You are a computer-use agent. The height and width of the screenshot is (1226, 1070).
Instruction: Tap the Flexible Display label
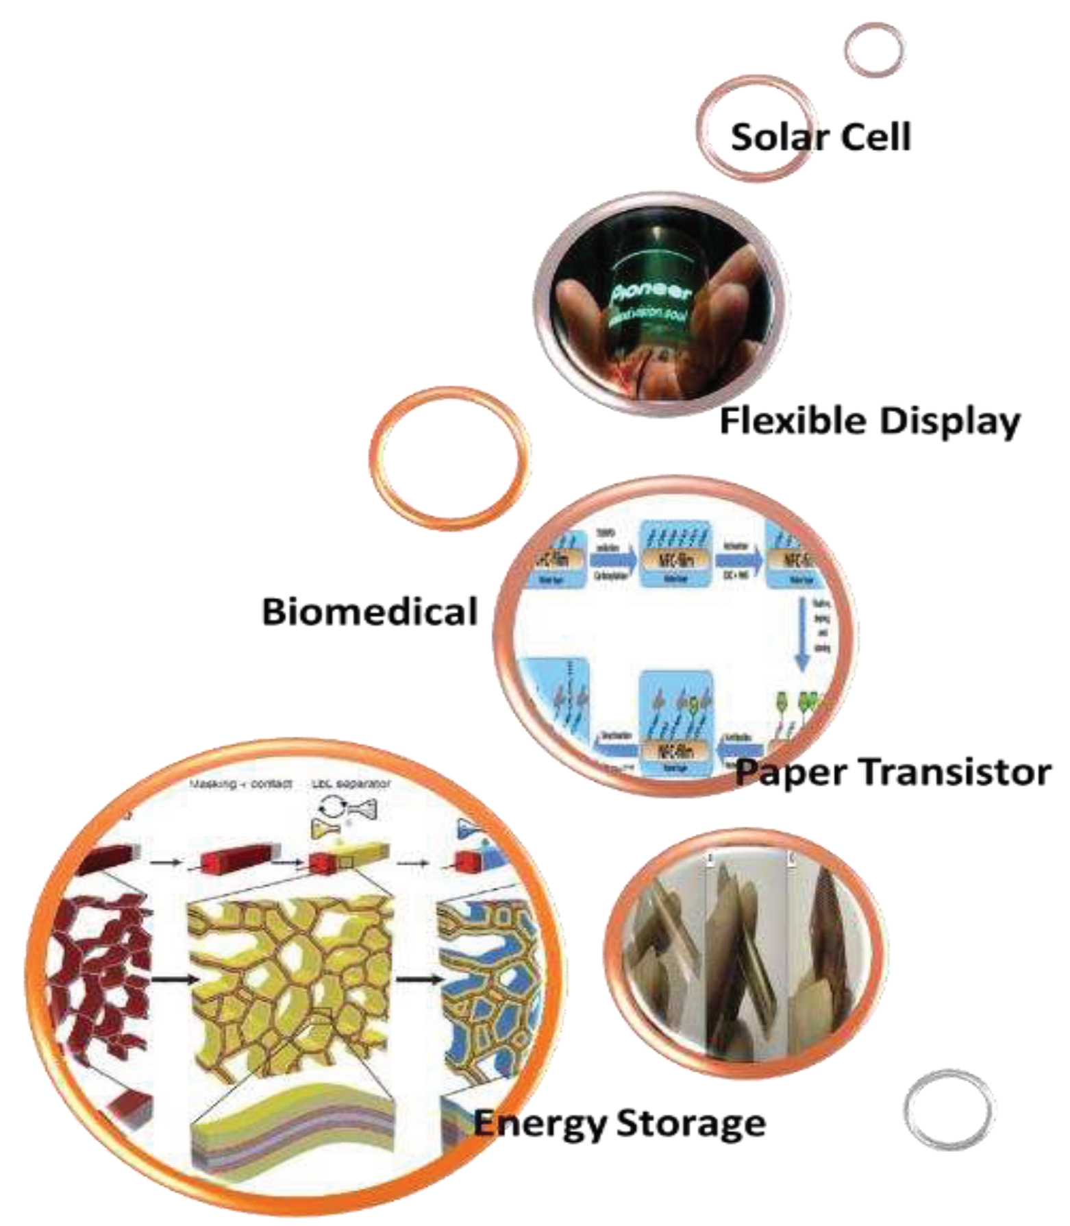tap(870, 420)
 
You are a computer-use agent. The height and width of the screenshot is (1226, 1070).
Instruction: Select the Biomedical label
tap(369, 611)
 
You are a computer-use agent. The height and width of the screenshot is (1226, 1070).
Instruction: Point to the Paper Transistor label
tap(893, 772)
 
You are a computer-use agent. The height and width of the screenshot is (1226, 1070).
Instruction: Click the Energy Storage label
tap(620, 1123)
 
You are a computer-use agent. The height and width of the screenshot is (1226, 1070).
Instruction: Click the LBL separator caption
tap(351, 783)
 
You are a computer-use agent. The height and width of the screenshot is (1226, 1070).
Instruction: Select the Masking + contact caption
tap(240, 783)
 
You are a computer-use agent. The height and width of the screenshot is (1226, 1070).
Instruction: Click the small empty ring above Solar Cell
tap(874, 49)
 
